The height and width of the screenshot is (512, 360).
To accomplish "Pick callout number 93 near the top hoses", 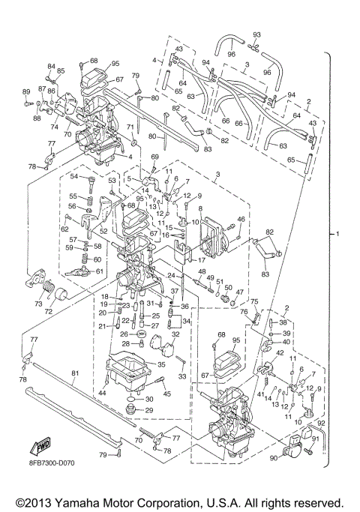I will [x=256, y=35].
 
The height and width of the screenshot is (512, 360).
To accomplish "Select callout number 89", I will [x=25, y=91].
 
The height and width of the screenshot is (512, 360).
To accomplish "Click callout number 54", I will [x=74, y=176].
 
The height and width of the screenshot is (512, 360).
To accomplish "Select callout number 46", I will [x=241, y=219].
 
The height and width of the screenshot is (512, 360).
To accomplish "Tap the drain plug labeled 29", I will [x=132, y=409].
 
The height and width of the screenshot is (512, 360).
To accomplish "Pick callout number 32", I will [x=175, y=334].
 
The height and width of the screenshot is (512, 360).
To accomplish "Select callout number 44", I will [x=101, y=393].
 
